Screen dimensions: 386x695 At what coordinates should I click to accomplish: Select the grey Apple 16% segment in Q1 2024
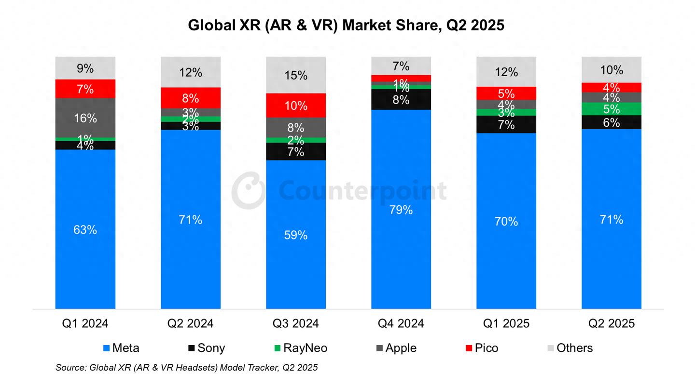85,118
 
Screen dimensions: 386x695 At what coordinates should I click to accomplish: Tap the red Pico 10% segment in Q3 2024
296,105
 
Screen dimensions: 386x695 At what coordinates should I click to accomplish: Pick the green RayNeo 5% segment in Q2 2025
612,109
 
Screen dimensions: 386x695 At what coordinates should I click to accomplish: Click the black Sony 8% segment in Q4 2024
401,100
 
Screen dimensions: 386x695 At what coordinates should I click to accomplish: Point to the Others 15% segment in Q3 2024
296,75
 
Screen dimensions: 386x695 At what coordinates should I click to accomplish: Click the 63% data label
85,230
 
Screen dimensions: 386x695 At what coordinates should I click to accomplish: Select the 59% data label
296,235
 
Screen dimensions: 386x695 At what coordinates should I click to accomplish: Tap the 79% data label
401,210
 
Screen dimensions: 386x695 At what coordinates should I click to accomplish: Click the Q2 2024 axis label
191,323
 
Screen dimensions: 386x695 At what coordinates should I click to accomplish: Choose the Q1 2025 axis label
506,323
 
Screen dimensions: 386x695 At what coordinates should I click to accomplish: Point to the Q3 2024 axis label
296,323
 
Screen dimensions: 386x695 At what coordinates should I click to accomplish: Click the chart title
346,25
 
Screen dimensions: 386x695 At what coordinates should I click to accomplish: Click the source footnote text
186,368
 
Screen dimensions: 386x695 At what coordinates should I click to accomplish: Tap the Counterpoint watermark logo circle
248,189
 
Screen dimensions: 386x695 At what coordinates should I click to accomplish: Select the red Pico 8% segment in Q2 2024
191,98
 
